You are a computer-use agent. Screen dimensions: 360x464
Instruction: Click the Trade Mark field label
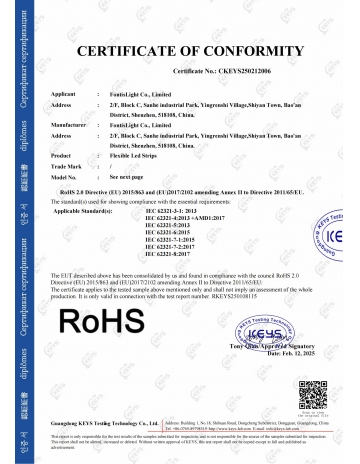[66, 165]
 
